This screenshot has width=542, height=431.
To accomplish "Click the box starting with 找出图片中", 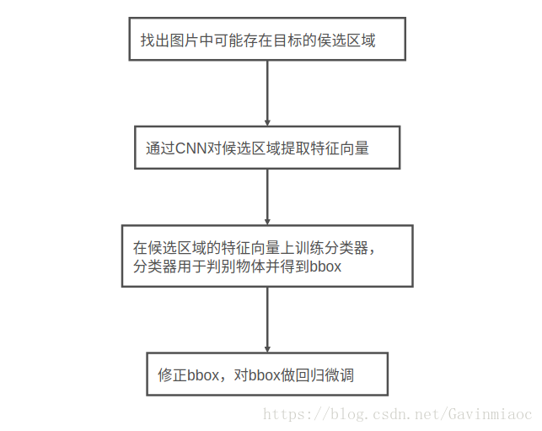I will tap(266, 39).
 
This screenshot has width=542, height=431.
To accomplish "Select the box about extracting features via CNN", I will tap(267, 148).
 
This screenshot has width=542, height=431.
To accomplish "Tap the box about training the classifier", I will tap(267, 256).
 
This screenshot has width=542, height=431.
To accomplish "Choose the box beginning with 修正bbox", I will tap(267, 374).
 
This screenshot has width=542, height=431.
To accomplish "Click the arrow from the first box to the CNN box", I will tap(267, 93).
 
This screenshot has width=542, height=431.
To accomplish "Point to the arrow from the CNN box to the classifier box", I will tap(267, 197).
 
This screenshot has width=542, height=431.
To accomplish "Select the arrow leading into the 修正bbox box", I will tap(267, 320).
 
